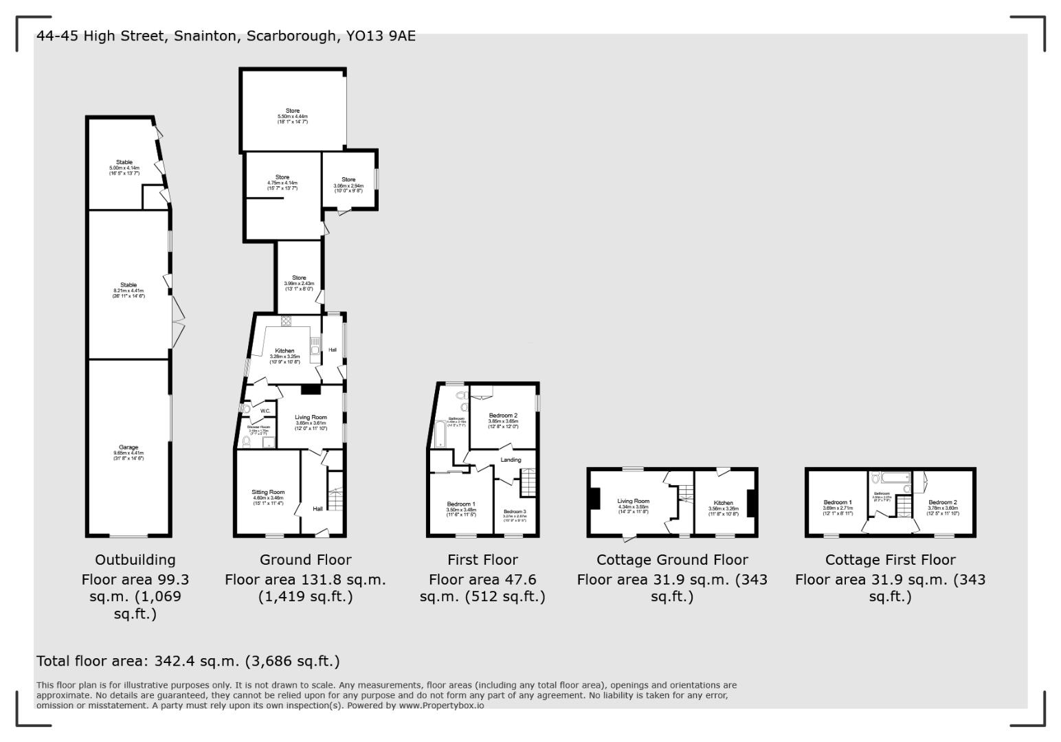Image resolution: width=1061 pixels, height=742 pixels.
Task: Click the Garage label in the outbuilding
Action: [129, 447]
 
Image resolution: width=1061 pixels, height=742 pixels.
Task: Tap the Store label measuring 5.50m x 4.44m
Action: [293, 111]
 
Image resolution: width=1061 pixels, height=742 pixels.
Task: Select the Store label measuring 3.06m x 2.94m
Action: [348, 180]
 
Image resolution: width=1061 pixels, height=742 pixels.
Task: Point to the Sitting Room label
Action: [267, 492]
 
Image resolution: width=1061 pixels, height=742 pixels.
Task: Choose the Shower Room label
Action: [258, 427]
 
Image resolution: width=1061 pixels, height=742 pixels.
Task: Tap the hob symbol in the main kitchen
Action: [286, 321]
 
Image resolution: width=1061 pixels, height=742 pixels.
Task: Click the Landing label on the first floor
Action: [511, 460]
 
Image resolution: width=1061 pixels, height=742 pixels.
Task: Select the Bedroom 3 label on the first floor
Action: [515, 512]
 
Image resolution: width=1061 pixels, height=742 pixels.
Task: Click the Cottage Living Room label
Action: [633, 502]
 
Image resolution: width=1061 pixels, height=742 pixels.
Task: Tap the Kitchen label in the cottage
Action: [723, 503]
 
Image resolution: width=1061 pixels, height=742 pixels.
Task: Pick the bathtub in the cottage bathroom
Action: [890, 476]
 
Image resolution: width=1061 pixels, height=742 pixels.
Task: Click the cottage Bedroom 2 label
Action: [941, 502]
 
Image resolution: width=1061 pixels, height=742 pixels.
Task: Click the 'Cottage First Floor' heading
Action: [890, 560]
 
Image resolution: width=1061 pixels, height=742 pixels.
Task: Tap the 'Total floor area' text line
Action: [188, 661]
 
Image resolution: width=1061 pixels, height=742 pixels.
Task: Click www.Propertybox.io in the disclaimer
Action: [441, 706]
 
